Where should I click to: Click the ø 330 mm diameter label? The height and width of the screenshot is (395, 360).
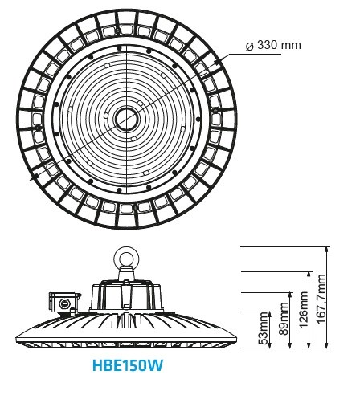point(273,45)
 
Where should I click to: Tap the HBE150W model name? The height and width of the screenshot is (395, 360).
point(128,365)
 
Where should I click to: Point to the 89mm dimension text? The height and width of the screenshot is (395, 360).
point(284,319)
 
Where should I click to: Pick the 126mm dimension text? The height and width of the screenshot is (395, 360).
point(304,309)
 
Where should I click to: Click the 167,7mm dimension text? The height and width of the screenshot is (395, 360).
point(321,299)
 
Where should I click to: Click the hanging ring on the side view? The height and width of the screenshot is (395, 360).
point(126,257)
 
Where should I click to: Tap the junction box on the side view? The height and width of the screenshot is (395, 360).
point(64,303)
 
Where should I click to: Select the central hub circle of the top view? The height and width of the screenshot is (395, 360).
point(127,118)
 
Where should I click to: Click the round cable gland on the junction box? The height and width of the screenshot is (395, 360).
point(63,303)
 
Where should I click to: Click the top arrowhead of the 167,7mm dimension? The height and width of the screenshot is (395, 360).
point(326,249)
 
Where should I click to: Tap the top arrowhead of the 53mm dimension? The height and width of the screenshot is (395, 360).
point(270,315)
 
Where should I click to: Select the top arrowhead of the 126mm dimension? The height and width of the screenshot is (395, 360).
point(310,275)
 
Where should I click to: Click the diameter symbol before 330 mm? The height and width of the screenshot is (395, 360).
point(249,46)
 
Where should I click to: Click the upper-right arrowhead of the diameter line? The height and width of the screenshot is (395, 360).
point(218,62)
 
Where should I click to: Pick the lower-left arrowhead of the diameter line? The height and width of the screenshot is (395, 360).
point(35,177)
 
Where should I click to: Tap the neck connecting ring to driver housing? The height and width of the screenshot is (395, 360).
point(126,273)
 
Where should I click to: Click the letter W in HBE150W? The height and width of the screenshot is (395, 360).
point(156,365)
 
